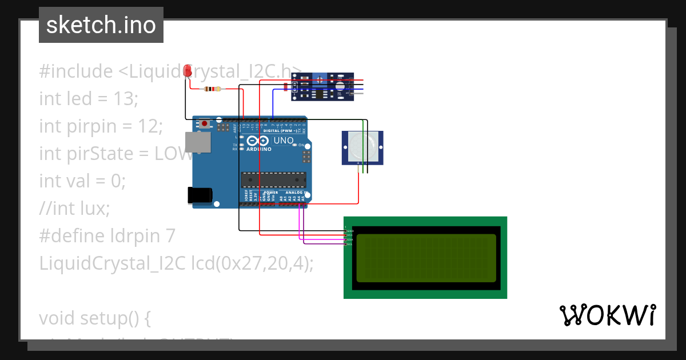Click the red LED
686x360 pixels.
tap(187, 71)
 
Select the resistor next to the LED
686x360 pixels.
tap(213, 89)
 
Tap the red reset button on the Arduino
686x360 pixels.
tap(205, 123)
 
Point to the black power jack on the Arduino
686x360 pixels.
tap(200, 195)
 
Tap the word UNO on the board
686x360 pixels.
tap(284, 141)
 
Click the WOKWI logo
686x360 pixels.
tap(607, 315)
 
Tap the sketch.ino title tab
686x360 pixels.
tap(101, 25)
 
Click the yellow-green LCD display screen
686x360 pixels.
tap(426, 258)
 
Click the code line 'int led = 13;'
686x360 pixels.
tap(89, 99)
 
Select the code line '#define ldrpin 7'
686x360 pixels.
tap(107, 235)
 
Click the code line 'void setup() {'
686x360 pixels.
tap(95, 318)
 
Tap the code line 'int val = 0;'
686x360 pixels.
tap(82, 181)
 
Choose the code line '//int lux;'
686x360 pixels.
tap(74, 209)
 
